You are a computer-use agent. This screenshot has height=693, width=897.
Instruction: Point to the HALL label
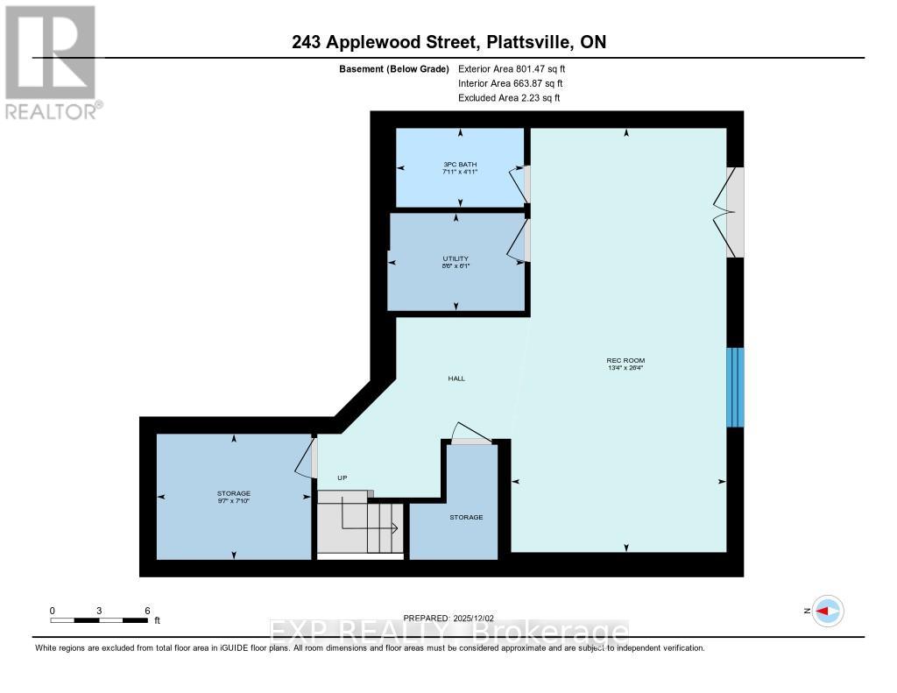pos(456,378)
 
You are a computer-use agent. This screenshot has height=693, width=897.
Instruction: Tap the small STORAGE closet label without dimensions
pos(466,517)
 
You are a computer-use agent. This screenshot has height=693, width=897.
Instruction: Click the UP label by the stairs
pos(343,477)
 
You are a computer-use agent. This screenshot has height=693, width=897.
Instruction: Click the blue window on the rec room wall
pos(735,387)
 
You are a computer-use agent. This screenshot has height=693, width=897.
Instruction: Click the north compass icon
pos(827,611)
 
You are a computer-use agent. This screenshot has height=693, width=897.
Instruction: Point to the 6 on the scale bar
pos(147,611)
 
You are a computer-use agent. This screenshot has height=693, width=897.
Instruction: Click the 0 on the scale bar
pos(53,611)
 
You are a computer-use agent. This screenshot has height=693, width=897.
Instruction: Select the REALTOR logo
pos(51,61)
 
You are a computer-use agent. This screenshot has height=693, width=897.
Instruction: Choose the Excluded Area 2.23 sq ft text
pos(509,98)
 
